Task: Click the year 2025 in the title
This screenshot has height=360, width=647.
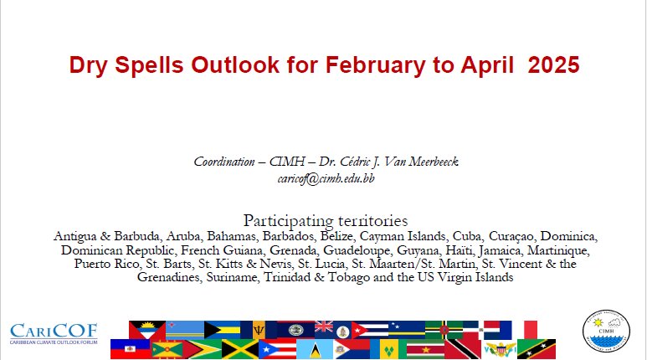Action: (554, 64)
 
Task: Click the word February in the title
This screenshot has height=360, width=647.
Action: (376, 65)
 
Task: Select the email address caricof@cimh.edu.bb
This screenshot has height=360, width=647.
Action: (326, 179)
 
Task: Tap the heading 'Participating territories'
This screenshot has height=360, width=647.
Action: (326, 221)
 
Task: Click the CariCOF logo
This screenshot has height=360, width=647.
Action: (54, 333)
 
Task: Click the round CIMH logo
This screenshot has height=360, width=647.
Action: (606, 332)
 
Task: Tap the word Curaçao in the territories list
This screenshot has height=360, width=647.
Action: (511, 237)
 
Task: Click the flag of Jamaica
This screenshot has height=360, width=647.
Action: (240, 349)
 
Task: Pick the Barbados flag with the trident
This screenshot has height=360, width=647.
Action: (259, 330)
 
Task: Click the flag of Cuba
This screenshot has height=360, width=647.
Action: (370, 330)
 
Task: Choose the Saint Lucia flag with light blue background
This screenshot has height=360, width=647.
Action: (315, 349)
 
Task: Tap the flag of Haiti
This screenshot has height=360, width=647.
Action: (130, 349)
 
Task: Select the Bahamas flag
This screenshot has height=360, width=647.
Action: (222, 330)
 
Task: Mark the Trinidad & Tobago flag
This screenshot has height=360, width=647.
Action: (463, 349)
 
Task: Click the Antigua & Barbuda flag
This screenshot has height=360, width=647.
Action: (147, 330)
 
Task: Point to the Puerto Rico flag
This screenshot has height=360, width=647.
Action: (277, 349)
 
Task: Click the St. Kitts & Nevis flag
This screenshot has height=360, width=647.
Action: (537, 349)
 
